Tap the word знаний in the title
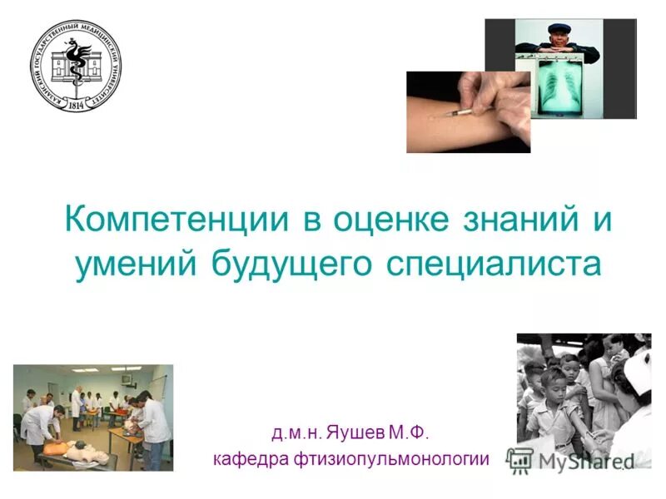(518, 221)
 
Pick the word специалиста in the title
(493, 264)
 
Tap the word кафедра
(250, 458)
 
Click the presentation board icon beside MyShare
(520, 459)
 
